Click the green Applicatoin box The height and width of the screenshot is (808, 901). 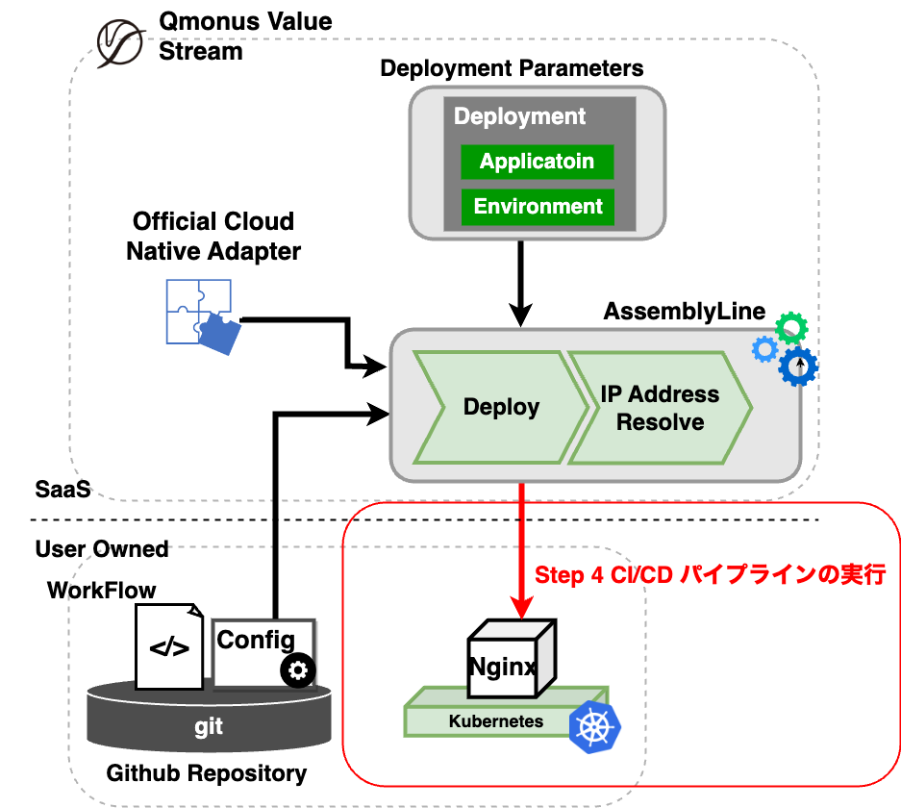click(x=537, y=162)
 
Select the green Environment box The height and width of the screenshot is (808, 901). click(x=537, y=207)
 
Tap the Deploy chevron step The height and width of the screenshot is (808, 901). click(x=501, y=408)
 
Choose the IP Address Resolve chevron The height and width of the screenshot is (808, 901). click(x=660, y=408)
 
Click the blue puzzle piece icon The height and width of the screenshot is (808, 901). click(x=198, y=312)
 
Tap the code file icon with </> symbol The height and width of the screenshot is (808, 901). click(x=169, y=646)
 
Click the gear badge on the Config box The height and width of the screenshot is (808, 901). click(x=298, y=669)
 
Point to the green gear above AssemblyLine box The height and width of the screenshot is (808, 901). click(x=791, y=329)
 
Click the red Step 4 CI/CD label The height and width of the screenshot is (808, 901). click(x=710, y=575)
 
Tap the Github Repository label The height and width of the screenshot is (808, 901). click(x=207, y=772)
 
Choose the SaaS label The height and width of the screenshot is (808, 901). click(x=63, y=490)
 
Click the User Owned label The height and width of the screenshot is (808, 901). click(x=102, y=549)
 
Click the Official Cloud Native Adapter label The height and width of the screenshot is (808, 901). click(x=213, y=237)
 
